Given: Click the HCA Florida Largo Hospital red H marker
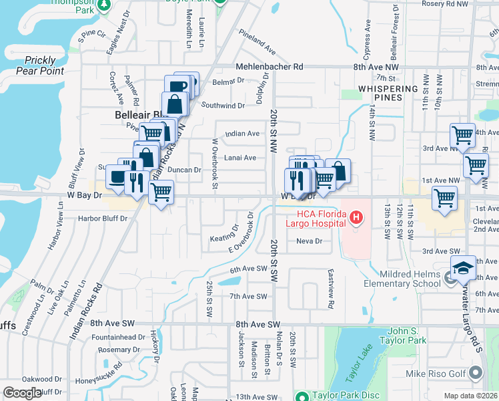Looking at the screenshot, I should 356,218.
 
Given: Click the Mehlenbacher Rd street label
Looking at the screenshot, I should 270,67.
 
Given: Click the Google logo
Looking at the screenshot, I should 22,393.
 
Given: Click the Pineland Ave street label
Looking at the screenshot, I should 257,45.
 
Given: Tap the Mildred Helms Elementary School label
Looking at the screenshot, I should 402,278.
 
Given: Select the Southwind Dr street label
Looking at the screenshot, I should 223,106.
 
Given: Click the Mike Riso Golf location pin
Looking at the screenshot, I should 476,372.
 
